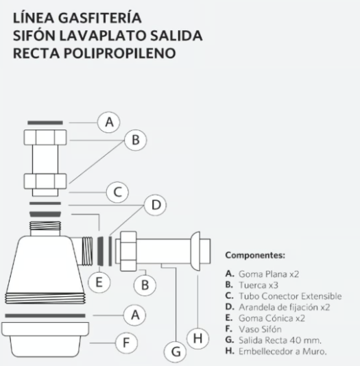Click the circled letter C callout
pyautogui.click(x=117, y=192)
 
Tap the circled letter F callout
pyautogui.click(x=127, y=343)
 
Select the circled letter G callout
pyautogui.click(x=176, y=352)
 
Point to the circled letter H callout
pyautogui.click(x=198, y=338)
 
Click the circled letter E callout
pyautogui.click(x=99, y=282)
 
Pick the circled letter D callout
pyautogui.click(x=156, y=205)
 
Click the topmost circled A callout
pyautogui.click(x=109, y=122)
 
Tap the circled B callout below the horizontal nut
pyautogui.click(x=145, y=284)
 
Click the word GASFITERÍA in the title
pyautogui.click(x=99, y=18)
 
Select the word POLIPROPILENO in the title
pyautogui.click(x=119, y=53)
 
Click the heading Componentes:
pyautogui.click(x=255, y=255)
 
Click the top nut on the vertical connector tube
pyautogui.click(x=45, y=138)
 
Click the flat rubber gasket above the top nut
pyautogui.click(x=45, y=123)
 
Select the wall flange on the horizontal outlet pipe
pyautogui.click(x=195, y=251)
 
